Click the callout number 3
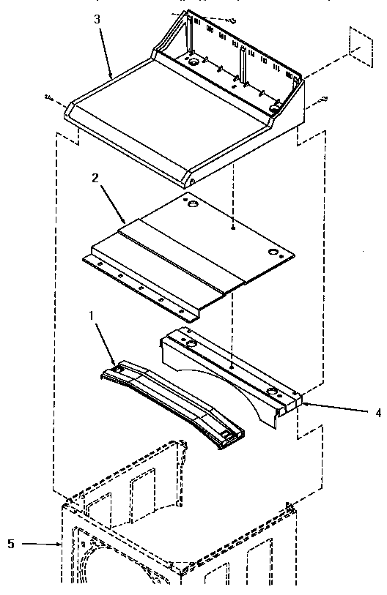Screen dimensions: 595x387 (x=97, y=19)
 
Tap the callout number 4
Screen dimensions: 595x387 (x=377, y=413)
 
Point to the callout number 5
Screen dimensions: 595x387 (x=11, y=544)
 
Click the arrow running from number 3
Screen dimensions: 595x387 (x=106, y=51)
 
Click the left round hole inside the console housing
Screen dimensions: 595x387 (x=193, y=64)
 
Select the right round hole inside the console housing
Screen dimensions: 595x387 (x=276, y=108)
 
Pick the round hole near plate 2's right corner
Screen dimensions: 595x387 (x=275, y=252)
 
